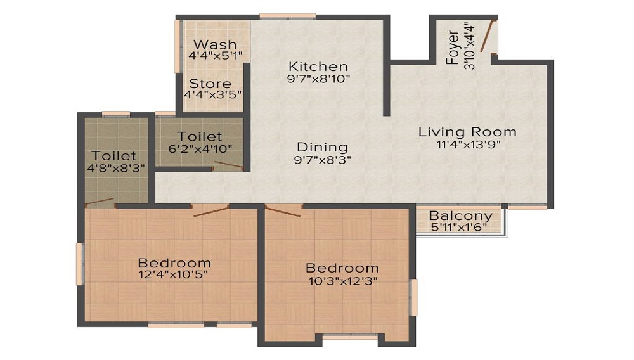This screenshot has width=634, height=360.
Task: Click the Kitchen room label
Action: coord(318,67)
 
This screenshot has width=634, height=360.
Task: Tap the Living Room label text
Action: coord(467,132)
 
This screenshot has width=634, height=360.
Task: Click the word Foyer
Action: coord(453,48)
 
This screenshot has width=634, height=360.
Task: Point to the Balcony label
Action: coord(461,216)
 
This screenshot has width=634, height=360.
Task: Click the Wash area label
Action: coord(215,45)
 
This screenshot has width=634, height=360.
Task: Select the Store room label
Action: coord(210,84)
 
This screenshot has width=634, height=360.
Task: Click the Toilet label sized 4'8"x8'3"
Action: coord(114,156)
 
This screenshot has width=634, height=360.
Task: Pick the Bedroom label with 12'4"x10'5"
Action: coord(174,263)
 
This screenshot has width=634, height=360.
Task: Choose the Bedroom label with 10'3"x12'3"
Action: coord(342,268)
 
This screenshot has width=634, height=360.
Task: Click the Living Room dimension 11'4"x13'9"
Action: coord(467,145)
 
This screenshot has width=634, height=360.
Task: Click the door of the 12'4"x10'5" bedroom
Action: coord(210,211)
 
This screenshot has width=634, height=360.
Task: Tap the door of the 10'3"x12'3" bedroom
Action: coord(283,212)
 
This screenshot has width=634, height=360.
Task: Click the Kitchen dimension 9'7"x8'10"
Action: coord(318,79)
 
